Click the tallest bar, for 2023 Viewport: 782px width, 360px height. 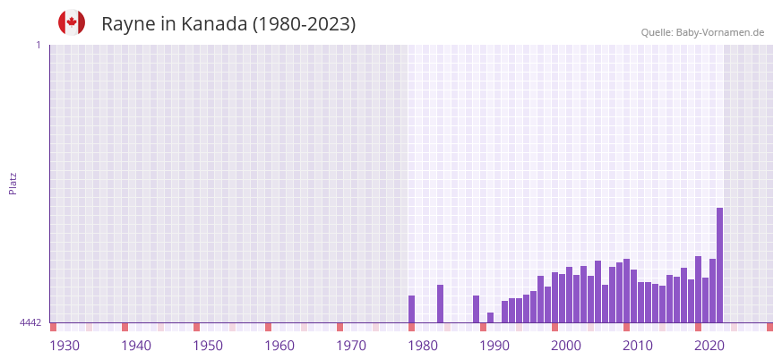[719, 265]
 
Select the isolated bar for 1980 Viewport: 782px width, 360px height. [411, 309]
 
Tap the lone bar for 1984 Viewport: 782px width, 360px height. [440, 304]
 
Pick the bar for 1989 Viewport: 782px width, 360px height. [476, 309]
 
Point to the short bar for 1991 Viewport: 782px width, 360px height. [490, 317]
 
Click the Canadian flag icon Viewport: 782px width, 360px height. [72, 22]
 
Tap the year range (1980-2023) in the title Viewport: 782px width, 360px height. [304, 24]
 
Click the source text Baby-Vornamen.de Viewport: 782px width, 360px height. [720, 32]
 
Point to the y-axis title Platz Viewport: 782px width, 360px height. [13, 183]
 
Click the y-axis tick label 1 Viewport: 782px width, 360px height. [38, 45]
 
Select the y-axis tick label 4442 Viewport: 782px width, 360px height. [30, 322]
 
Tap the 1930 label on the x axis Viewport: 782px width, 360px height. [64, 346]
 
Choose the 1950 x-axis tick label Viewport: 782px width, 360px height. [208, 346]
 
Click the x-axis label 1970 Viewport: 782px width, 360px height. [351, 346]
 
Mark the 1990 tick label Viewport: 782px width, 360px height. [494, 346]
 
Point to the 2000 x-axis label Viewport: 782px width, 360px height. [566, 346]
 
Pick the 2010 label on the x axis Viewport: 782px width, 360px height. [638, 346]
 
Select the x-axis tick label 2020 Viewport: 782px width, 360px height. [709, 346]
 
